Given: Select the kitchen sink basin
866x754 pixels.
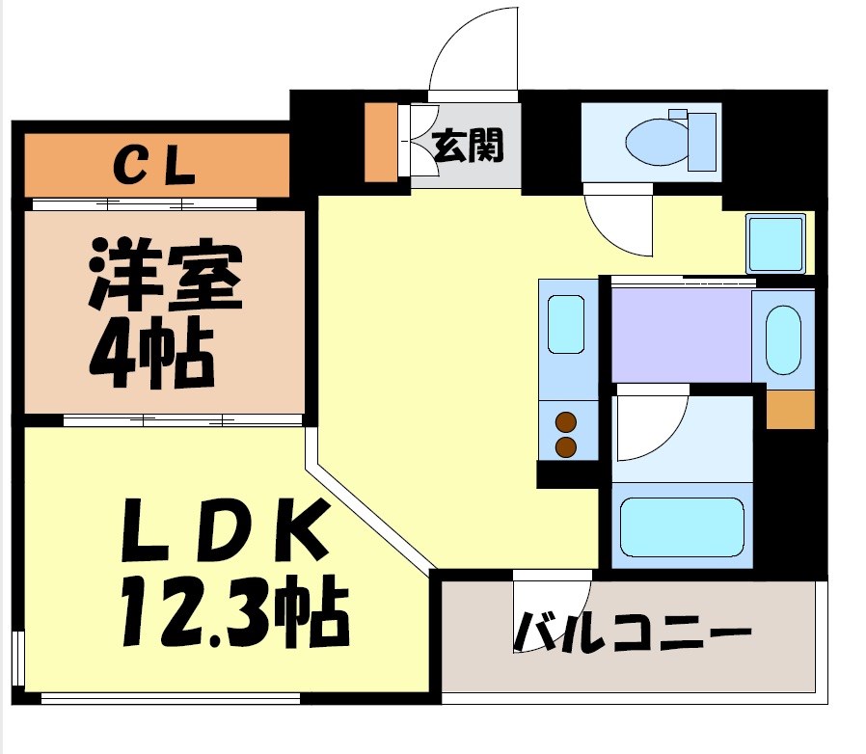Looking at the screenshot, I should click(566, 324).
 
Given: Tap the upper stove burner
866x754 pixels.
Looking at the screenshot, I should click(566, 422).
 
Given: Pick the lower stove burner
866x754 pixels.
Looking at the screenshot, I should click(566, 446).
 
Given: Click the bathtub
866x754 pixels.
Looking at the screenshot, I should click(681, 527).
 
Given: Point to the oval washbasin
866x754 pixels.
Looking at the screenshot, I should click(783, 338).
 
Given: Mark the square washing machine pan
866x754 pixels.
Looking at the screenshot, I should click(775, 243).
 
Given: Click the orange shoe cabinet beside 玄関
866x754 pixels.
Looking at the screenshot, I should click(380, 141).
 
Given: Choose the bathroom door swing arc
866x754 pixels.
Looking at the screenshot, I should click(648, 424).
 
